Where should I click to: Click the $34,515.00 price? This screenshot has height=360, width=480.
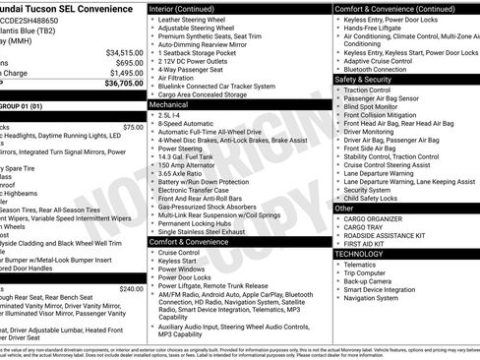124,52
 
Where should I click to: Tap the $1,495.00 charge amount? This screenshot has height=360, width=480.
126,73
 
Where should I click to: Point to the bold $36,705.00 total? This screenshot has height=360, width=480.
124,84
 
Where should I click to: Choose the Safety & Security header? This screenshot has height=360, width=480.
363,80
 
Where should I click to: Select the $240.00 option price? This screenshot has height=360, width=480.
131,289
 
